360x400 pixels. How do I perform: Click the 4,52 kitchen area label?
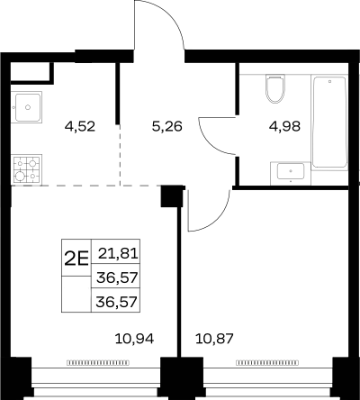80,126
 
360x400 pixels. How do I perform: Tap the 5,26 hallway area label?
167,126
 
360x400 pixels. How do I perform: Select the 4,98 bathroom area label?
284,126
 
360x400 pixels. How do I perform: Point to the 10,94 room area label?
134,339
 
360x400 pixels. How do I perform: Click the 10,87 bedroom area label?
214,339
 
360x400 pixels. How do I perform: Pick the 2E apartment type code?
76,259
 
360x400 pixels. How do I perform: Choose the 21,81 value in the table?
118,254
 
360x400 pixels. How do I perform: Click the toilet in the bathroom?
275,88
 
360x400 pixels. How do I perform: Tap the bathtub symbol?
329,122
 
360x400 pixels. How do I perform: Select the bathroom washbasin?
291,172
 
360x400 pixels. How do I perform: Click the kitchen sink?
27,107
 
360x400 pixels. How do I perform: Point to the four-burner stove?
26,169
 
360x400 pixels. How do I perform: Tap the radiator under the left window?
98,363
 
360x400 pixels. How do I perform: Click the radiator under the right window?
267,363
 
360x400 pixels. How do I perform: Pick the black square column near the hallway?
172,196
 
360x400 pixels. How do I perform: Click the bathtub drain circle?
329,81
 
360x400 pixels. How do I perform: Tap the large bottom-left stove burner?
20,176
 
